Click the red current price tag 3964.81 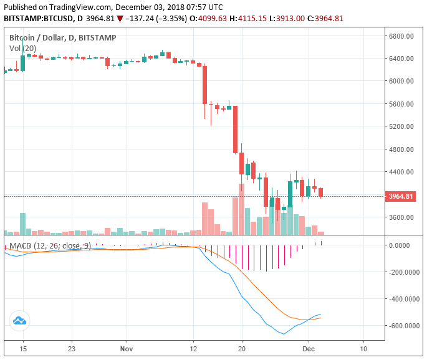tap(401, 197)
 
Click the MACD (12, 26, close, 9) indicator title tap(50, 246)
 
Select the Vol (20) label tap(22, 48)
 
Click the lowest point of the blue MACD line tap(285, 334)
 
